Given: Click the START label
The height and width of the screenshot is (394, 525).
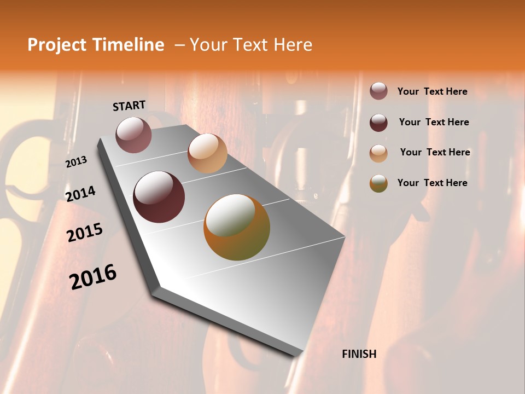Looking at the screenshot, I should (x=129, y=106).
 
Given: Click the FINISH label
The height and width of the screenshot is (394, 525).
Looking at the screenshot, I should (x=359, y=354).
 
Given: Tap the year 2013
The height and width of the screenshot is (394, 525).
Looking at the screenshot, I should (x=77, y=162).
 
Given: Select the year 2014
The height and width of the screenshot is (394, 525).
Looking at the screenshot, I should (x=80, y=194).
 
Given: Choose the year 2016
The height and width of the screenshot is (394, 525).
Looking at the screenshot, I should (x=93, y=276).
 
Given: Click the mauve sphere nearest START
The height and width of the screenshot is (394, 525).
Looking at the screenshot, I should (x=134, y=135).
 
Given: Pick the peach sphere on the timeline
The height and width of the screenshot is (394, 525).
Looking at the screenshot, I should (x=207, y=153).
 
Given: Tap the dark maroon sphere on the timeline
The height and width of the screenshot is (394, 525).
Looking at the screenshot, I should (x=159, y=197).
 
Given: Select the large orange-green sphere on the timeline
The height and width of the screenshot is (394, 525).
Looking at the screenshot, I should (x=237, y=227).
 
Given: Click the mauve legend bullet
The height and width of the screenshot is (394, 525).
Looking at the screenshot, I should (x=378, y=91).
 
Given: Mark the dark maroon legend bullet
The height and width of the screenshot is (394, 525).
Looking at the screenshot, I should (x=378, y=122).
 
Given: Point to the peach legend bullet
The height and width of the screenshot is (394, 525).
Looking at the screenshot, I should (x=378, y=153).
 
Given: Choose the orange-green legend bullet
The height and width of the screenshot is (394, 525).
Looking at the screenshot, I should (x=378, y=183).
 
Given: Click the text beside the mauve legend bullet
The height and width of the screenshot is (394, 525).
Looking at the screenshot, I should (x=432, y=91).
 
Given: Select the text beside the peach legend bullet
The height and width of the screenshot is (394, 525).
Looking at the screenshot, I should (x=435, y=152).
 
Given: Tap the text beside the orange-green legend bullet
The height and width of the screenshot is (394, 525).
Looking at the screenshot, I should (x=432, y=183).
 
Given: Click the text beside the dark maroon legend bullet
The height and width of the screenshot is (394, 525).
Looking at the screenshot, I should (x=434, y=122).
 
